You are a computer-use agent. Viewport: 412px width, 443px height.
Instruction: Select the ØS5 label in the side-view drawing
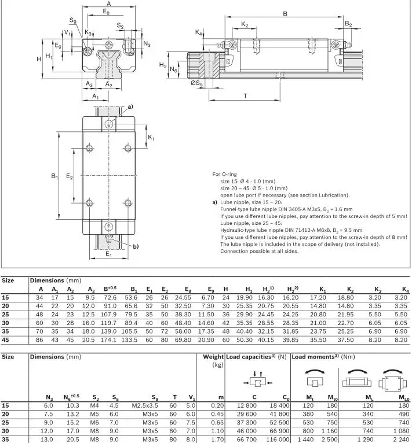point(196,84)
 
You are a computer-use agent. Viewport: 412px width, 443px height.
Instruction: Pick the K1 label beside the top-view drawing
point(151,138)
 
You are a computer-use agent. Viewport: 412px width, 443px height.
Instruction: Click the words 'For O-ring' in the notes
point(224,173)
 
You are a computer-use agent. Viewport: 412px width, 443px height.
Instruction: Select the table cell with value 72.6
point(110,297)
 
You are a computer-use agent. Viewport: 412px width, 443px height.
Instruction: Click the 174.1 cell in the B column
point(109,340)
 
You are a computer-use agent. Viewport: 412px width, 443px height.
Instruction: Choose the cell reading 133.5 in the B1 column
point(130,340)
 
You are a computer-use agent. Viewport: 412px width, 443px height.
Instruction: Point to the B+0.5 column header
point(110,289)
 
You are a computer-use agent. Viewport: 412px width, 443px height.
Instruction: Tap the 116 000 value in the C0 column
point(276,440)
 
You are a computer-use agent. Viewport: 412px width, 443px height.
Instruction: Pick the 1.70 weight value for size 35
point(218,440)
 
